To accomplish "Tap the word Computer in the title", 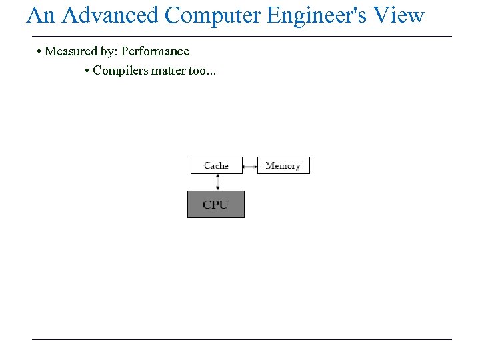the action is click(213, 15).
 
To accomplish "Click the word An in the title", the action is click(41, 15).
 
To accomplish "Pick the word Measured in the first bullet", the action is click(69, 51).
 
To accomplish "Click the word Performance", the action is click(155, 51).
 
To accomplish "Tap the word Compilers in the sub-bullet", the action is click(120, 70).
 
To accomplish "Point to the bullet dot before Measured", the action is click(40, 52).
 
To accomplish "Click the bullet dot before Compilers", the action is click(88, 71).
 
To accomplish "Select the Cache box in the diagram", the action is click(216, 165).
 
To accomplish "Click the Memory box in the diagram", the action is click(283, 165).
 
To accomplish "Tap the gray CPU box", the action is click(215, 205).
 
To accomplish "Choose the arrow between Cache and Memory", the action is click(250, 165).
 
